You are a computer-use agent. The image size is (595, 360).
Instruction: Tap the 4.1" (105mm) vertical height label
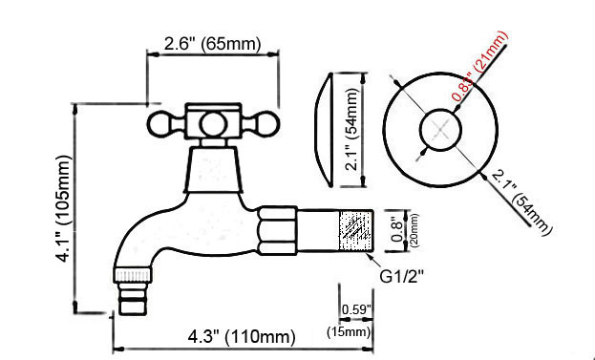pos(64,207)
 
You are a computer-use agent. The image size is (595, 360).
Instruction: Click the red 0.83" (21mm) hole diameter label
pos(480,67)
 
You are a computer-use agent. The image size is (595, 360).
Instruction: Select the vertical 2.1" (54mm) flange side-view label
pos(353,128)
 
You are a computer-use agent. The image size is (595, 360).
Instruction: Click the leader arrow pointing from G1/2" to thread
pos(387,260)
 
